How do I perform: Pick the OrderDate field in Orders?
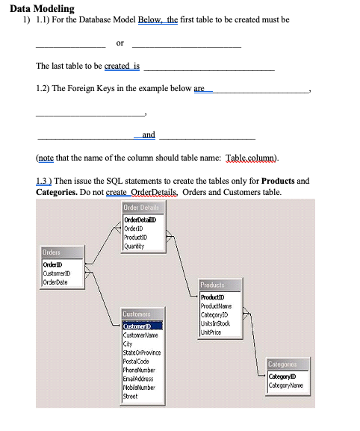pos(58,281)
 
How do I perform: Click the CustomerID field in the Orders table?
pos(60,273)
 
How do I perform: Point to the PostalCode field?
pos(137,359)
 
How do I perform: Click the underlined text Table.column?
pos(251,159)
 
